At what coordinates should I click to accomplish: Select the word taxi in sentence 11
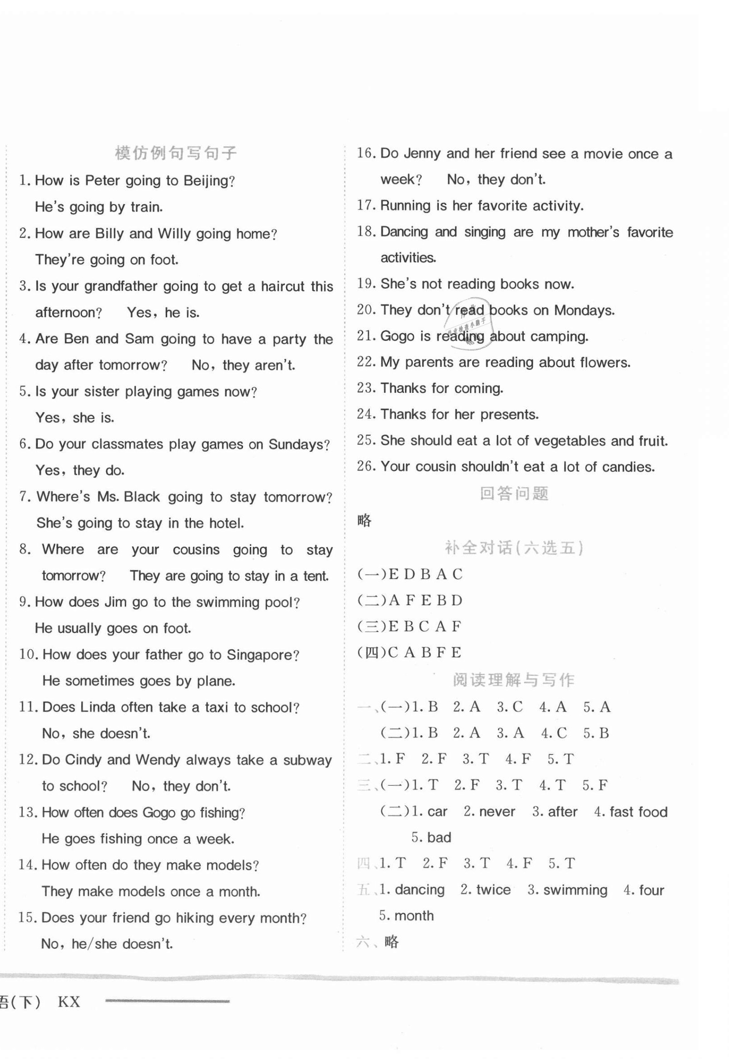pos(216,707)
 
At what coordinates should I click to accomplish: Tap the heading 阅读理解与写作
pos(513,680)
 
